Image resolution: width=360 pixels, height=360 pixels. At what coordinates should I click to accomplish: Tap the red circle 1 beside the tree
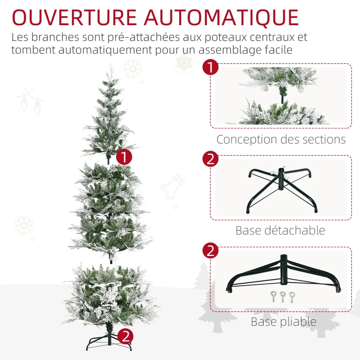tap(124, 157)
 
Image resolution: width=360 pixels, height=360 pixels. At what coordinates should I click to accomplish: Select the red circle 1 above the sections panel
tap(210, 68)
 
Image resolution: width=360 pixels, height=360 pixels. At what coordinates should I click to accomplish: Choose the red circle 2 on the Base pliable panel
tap(210, 251)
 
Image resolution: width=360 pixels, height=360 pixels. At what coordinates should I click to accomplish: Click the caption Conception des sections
tap(281, 139)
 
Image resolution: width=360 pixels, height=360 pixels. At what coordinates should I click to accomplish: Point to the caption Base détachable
tap(280, 230)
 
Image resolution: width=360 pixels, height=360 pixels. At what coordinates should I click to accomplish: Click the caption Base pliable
tap(283, 322)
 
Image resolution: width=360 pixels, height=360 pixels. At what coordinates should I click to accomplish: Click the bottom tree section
tap(110, 292)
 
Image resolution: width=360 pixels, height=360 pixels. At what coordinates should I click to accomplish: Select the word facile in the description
tap(276, 49)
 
